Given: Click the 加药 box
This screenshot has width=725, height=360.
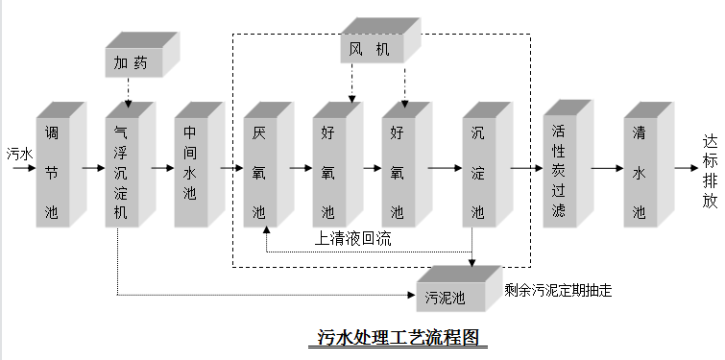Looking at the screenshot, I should [x=133, y=62].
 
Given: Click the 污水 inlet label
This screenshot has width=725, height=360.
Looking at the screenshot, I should [x=19, y=153].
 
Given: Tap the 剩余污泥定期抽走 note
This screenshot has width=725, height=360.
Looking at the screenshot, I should [x=558, y=289].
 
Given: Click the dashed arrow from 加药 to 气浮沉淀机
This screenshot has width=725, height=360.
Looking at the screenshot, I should [x=128, y=93].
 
